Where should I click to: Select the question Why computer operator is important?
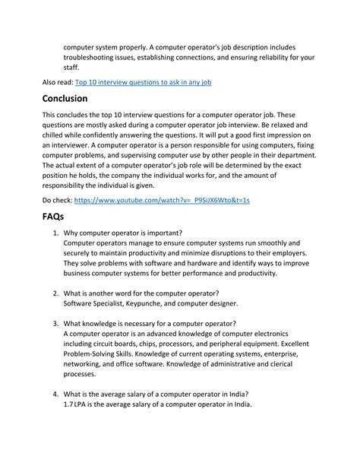coord(122,233)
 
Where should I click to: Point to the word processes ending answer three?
coord(80,373)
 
